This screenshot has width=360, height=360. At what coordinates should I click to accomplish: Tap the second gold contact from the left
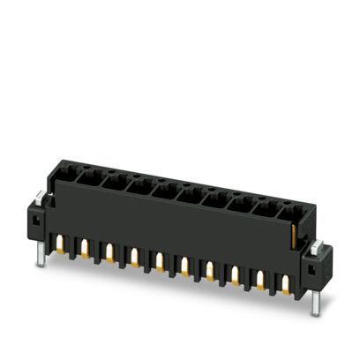(x=86, y=248)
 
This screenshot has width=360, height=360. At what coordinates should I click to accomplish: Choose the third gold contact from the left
(x=109, y=252)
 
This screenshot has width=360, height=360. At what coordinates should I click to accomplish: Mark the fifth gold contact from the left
(x=159, y=261)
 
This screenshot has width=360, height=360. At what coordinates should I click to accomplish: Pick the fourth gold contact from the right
(x=210, y=270)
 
